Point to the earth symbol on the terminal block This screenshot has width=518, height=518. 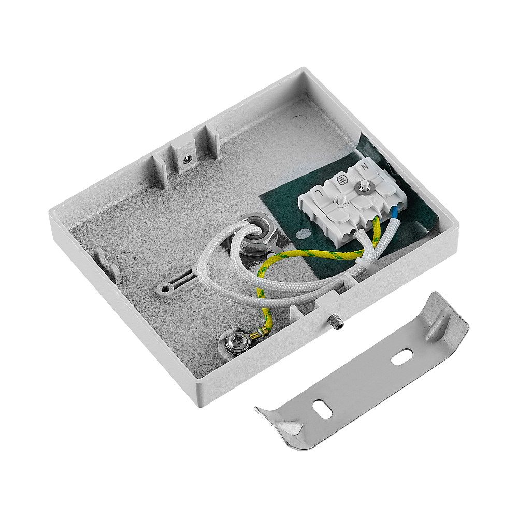[341, 180]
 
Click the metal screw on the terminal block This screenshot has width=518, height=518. [365, 187]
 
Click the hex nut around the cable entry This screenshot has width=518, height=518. [254, 235]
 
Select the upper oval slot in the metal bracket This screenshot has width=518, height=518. [402, 357]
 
